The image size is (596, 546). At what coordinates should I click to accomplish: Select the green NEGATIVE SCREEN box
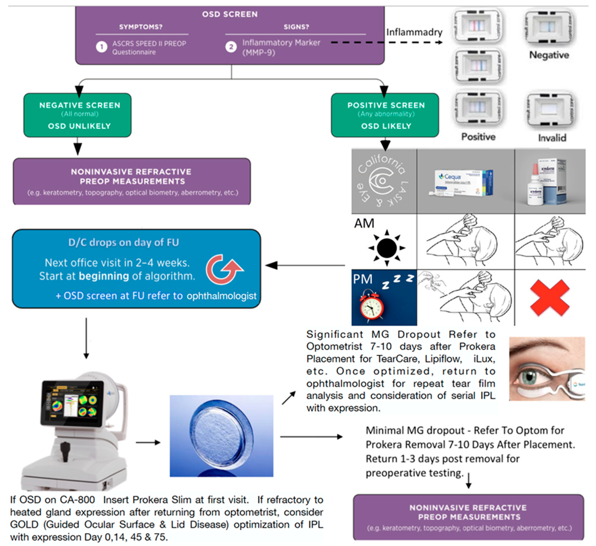tap(77, 115)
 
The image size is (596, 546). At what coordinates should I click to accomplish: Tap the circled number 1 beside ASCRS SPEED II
tap(101, 47)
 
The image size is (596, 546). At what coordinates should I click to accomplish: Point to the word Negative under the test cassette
tap(549, 55)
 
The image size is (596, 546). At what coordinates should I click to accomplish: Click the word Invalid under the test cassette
tap(552, 138)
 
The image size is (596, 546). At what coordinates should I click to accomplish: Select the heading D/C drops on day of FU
tap(124, 242)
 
